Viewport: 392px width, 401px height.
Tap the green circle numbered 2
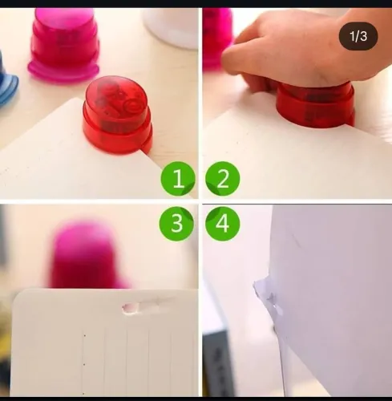tap(222, 180)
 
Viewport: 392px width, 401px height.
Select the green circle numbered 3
tap(176, 224)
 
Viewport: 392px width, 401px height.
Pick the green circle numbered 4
tap(222, 224)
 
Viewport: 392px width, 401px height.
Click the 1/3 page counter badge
tap(358, 36)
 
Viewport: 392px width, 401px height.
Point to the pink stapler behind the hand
tap(216, 36)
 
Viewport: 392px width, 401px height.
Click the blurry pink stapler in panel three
tap(84, 255)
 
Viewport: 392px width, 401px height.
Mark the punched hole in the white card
tap(130, 306)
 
